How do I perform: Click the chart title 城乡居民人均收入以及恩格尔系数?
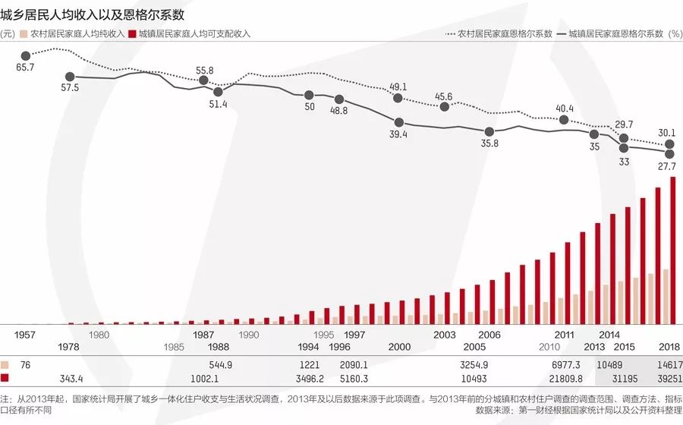(x=92, y=14)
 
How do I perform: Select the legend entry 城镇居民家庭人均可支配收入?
(x=194, y=34)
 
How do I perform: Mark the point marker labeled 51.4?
(x=218, y=92)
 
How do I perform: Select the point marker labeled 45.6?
(x=445, y=107)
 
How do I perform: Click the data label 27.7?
(x=666, y=165)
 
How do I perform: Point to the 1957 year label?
(x=25, y=335)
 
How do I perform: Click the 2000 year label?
(x=399, y=346)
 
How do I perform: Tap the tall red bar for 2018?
(x=673, y=250)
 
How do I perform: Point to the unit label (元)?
(x=8, y=34)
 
